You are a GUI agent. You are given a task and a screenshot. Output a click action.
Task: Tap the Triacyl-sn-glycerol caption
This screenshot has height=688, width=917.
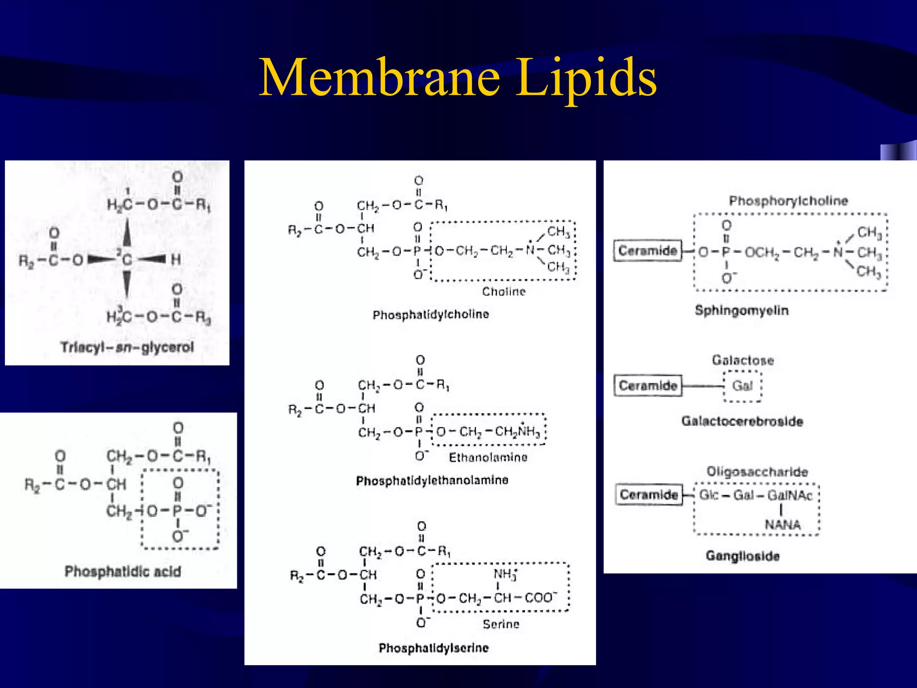point(127,347)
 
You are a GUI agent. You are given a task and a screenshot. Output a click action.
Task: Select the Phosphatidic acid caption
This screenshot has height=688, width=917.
point(123,572)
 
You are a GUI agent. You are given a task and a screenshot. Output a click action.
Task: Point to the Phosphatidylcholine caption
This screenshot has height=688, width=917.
point(431,314)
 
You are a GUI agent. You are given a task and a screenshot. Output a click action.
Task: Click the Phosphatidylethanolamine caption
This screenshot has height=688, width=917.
point(432,481)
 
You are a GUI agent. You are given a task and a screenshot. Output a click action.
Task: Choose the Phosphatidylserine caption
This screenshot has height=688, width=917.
point(433,648)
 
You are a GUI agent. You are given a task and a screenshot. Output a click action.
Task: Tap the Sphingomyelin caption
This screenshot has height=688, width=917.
point(741,310)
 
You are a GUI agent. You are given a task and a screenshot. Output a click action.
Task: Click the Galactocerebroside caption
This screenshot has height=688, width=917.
point(742,421)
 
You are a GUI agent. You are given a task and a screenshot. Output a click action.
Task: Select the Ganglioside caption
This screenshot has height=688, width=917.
point(742,556)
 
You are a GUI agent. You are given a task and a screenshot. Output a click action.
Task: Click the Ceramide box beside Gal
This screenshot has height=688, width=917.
point(647,386)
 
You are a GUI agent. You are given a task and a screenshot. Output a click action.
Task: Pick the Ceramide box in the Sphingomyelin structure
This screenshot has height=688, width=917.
point(647,250)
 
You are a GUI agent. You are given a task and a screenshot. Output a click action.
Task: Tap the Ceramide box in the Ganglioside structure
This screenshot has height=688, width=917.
point(648,494)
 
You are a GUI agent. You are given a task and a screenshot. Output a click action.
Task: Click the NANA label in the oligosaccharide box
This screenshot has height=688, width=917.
point(782,525)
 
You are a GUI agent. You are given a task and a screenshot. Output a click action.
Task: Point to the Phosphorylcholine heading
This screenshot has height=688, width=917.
point(788,201)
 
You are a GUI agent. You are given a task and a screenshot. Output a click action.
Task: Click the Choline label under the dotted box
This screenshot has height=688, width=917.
point(504,292)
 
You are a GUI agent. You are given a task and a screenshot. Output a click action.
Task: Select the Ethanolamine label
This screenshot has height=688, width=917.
point(488,457)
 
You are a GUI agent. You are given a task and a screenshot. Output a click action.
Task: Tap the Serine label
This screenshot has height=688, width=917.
point(501,624)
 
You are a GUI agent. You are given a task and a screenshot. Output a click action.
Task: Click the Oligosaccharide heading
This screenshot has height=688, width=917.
point(757,472)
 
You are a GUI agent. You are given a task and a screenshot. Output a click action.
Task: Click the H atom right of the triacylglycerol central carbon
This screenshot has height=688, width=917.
point(176,259)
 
